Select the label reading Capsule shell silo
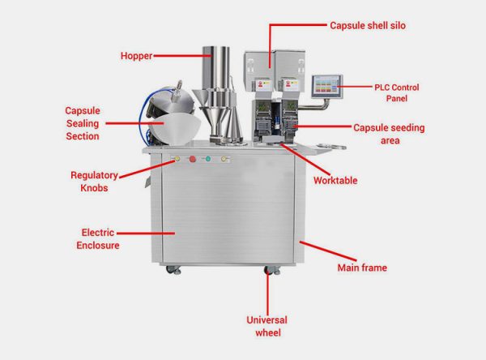click(x=367, y=26)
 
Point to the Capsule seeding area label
click(x=389, y=134)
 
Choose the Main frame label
click(x=361, y=268)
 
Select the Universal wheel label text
click(x=266, y=326)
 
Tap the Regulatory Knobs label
click(x=94, y=180)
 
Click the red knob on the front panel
click(x=192, y=159)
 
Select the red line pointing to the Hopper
click(x=177, y=56)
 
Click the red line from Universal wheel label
click(x=266, y=294)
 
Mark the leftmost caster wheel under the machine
click(x=168, y=269)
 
